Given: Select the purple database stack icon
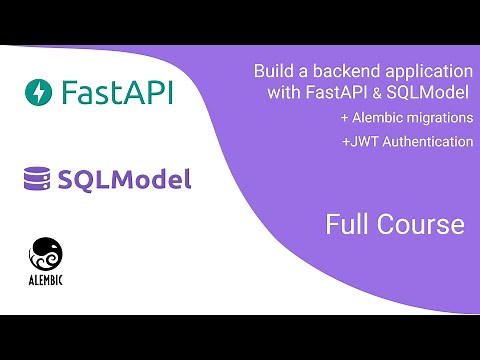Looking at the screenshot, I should (38, 179).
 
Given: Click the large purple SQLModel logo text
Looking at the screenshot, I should (124, 180).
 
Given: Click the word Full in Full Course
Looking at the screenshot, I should (346, 225).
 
